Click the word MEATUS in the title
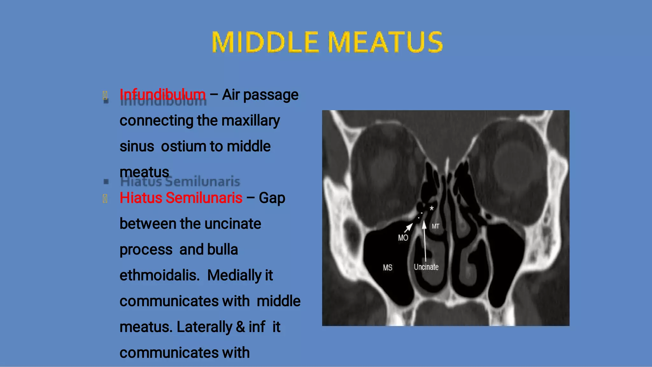[x=385, y=42]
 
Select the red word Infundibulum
[x=162, y=95]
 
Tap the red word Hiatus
[x=141, y=198]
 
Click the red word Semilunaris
[x=204, y=198]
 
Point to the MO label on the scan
[x=403, y=238]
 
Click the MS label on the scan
[x=387, y=268]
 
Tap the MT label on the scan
[x=436, y=226]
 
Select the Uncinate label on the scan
[x=426, y=267]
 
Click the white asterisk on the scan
[x=431, y=208]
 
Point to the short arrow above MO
[x=408, y=228]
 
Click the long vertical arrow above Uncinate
[x=425, y=242]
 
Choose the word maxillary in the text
[x=251, y=121]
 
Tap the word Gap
[x=272, y=198]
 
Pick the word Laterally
[x=204, y=327]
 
